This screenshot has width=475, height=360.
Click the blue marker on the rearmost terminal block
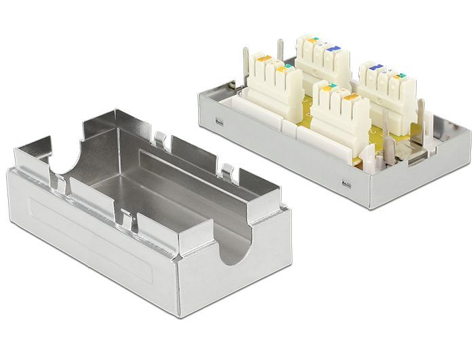pos(332,50)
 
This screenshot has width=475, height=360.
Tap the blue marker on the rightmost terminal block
pos(376,68)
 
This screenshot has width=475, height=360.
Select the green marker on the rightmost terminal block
pos(402,77)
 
